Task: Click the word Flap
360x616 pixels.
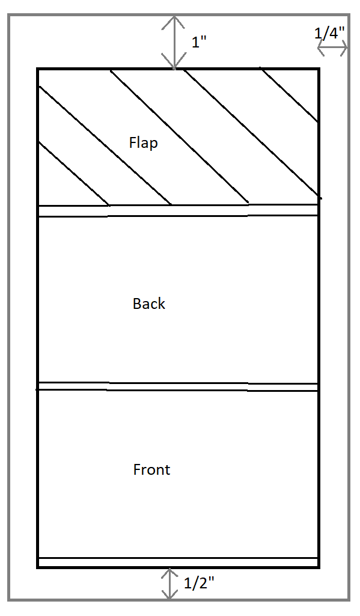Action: tap(144, 142)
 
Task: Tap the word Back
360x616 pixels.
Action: tap(149, 303)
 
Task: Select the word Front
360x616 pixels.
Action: tap(151, 469)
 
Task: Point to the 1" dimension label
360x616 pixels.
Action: tap(199, 42)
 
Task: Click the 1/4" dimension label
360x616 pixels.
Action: tap(329, 34)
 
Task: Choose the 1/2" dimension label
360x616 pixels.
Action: tap(200, 583)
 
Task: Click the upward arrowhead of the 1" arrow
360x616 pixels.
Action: tap(174, 22)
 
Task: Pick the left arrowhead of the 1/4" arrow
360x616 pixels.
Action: tap(322, 49)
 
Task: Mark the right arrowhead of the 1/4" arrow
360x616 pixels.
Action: tap(343, 49)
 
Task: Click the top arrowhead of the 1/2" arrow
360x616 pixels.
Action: tap(169, 574)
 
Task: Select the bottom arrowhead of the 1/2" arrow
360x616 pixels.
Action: tap(169, 594)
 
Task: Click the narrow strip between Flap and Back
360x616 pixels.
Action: tap(178, 210)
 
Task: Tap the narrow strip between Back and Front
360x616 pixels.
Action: tap(178, 386)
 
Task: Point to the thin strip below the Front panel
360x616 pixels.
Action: tap(178, 562)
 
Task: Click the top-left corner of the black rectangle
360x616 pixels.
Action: tap(38, 69)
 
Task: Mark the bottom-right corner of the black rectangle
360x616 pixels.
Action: tap(319, 567)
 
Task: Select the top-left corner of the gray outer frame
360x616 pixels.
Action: tap(8, 15)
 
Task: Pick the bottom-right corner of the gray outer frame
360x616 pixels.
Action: tap(349, 600)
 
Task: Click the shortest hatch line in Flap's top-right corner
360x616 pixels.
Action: tap(288, 95)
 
